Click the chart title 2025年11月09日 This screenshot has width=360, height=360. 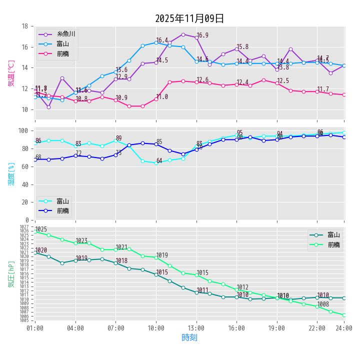(189, 18)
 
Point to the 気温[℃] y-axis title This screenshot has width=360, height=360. (11, 73)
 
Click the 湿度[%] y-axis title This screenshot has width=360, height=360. (11, 173)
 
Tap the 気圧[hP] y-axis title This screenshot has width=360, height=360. (11, 273)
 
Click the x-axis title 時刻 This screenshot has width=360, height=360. (189, 337)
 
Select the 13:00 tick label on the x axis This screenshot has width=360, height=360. (196, 328)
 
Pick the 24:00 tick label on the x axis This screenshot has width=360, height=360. (344, 328)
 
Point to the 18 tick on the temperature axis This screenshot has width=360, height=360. (24, 26)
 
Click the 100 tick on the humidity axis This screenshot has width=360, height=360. (22, 130)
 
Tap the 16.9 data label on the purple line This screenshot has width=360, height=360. (202, 35)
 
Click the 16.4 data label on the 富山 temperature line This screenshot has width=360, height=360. (162, 40)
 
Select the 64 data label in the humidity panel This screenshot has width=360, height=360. (159, 160)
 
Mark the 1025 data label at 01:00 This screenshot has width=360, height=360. (41, 229)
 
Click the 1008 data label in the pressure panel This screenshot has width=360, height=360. (323, 304)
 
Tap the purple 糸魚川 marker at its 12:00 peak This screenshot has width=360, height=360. (183, 34)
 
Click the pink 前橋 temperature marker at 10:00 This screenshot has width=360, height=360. (156, 99)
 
